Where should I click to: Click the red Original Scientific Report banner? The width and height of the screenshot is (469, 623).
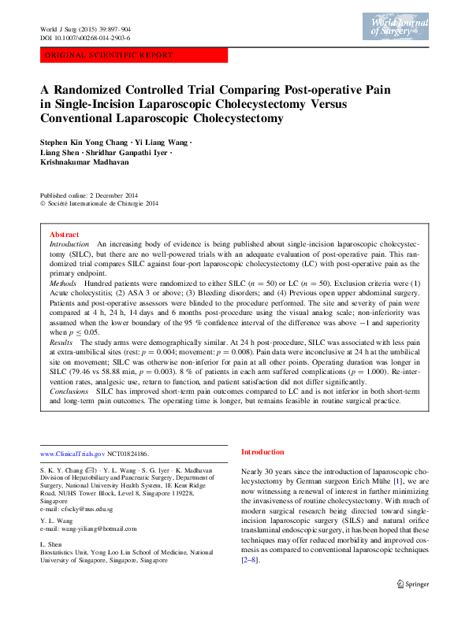tap(133, 55)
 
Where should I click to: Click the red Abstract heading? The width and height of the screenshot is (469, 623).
tap(64, 235)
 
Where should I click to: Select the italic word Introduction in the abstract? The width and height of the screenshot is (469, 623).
tap(69, 245)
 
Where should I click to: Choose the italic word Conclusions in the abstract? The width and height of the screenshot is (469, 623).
tap(69, 391)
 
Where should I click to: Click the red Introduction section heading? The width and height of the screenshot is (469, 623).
tap(262, 452)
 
